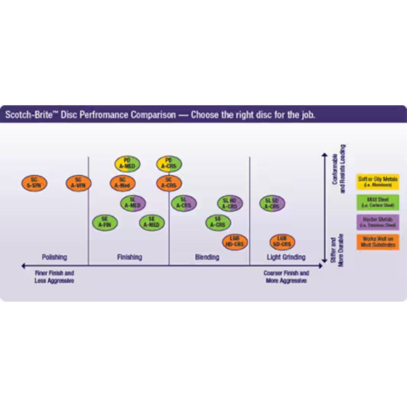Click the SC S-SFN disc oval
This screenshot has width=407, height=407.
34,183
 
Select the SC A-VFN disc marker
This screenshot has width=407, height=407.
78,183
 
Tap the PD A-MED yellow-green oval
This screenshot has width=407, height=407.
128,164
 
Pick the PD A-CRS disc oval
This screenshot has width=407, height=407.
169,164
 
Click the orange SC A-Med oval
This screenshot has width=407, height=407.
122,183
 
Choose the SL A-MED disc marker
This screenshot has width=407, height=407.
133,203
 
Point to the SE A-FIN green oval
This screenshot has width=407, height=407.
105,223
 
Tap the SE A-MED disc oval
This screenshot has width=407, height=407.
152,223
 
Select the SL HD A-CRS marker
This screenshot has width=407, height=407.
230,203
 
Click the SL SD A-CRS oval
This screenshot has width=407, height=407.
272,203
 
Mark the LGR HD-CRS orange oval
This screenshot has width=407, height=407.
235,242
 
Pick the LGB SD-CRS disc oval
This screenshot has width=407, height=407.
283,242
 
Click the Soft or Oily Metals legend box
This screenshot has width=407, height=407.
378,181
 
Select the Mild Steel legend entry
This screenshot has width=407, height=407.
378,202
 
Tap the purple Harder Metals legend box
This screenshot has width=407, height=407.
378,222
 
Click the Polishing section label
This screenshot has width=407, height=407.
54,257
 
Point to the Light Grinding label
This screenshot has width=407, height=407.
286,257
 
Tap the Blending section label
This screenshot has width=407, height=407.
207,257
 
